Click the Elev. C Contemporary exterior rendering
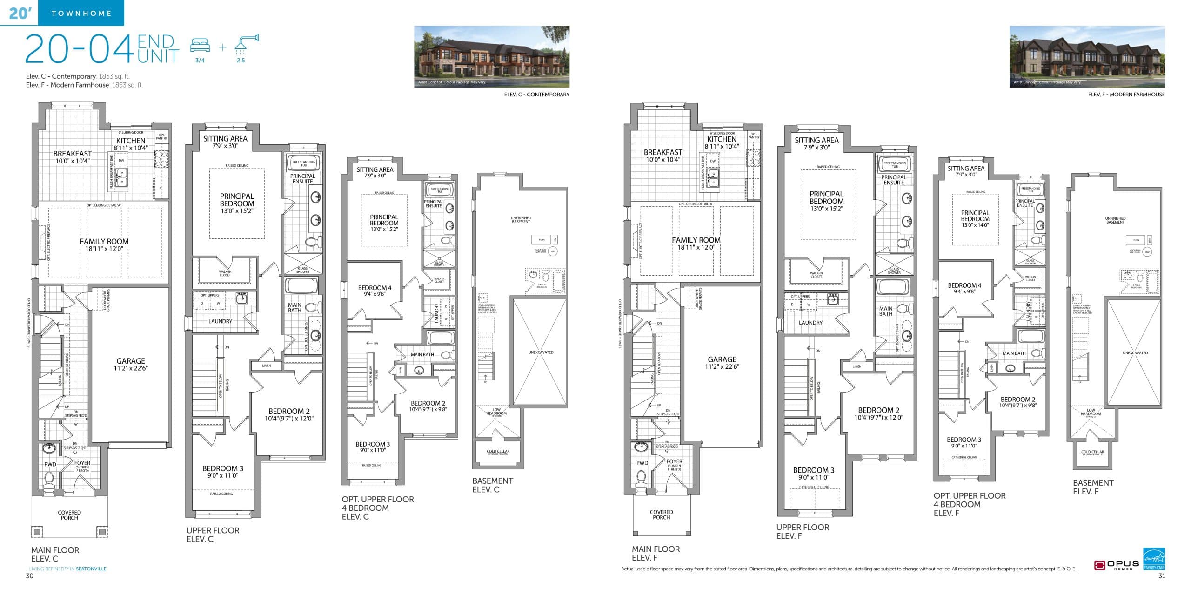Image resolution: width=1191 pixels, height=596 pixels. pyautogui.click(x=492, y=56)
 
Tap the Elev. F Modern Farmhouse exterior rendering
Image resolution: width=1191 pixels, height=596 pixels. pyautogui.click(x=1087, y=56)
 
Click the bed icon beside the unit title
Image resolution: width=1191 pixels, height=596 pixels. pyautogui.click(x=200, y=46)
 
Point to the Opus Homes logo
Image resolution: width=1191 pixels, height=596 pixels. pyautogui.click(x=1116, y=565)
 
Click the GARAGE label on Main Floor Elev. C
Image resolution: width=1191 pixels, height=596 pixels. pyautogui.click(x=130, y=361)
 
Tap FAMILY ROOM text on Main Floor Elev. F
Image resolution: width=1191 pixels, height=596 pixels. pyautogui.click(x=696, y=240)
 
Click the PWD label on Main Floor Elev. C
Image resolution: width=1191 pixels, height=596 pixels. pyautogui.click(x=50, y=464)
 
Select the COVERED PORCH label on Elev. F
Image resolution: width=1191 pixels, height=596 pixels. pyautogui.click(x=661, y=515)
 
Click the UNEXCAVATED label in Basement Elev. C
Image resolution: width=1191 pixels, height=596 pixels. pyautogui.click(x=541, y=352)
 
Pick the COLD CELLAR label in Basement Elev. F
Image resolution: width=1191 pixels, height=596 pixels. pyautogui.click(x=1092, y=452)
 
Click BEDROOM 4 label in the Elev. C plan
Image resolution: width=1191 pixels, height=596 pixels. pyautogui.click(x=375, y=288)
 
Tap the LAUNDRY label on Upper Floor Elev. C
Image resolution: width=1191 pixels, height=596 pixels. pyautogui.click(x=220, y=321)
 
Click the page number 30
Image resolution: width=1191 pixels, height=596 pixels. pyautogui.click(x=30, y=576)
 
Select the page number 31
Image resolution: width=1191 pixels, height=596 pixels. pyautogui.click(x=1161, y=576)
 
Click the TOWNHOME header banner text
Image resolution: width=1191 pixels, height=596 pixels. pyautogui.click(x=81, y=14)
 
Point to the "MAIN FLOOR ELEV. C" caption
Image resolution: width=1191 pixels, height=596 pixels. pyautogui.click(x=55, y=554)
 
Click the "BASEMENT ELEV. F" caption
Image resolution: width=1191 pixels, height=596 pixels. pyautogui.click(x=1093, y=487)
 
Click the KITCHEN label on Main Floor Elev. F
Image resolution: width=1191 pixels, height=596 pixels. pyautogui.click(x=722, y=139)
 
